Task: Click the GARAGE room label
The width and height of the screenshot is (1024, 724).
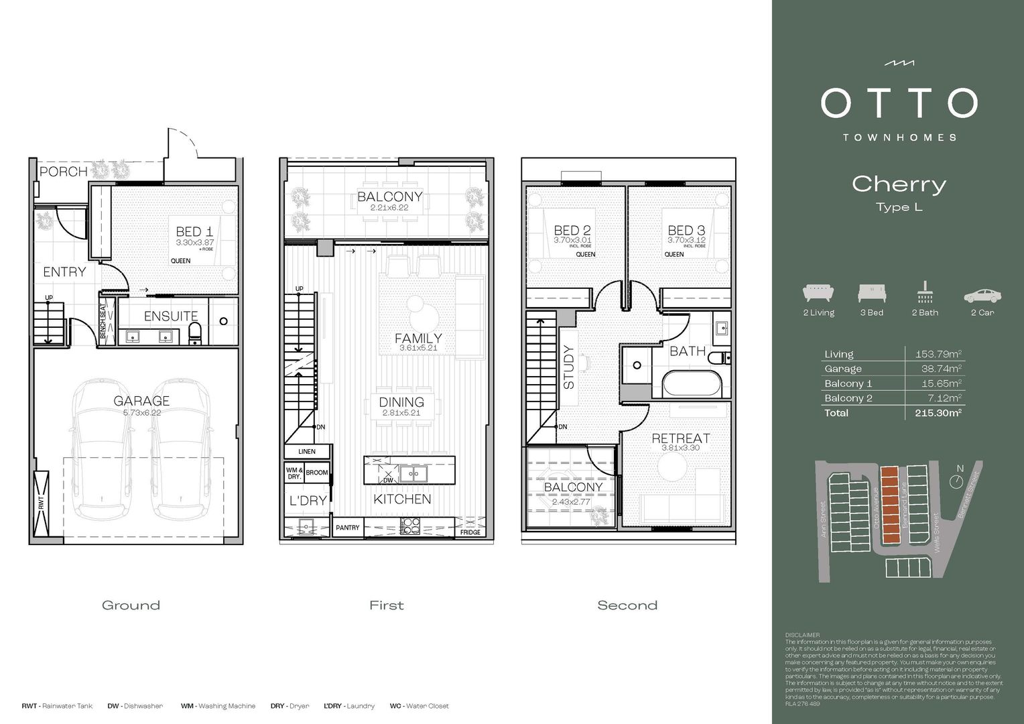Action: [141, 401]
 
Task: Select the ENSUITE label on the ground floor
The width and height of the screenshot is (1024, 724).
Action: [171, 316]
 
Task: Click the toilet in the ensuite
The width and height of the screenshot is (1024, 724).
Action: [195, 333]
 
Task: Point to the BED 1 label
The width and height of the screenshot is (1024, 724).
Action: [194, 231]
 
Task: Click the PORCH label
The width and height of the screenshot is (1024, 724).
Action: [64, 172]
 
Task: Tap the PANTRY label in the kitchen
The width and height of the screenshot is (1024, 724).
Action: [347, 528]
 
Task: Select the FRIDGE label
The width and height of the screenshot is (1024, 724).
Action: [470, 532]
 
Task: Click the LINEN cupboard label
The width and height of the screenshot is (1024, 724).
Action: [307, 452]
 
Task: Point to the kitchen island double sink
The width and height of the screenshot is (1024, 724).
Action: [414, 474]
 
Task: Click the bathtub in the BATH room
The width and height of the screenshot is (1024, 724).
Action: [692, 385]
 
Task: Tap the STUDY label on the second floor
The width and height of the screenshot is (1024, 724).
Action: [569, 367]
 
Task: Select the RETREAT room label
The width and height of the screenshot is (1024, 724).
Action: [681, 438]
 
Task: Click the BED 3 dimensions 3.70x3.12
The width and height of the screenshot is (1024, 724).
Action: [686, 240]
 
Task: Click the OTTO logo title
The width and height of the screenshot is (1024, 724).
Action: [899, 103]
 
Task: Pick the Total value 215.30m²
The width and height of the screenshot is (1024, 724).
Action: [938, 413]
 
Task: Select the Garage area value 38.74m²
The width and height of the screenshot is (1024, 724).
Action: [941, 369]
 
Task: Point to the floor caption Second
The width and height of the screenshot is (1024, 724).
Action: [627, 605]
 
